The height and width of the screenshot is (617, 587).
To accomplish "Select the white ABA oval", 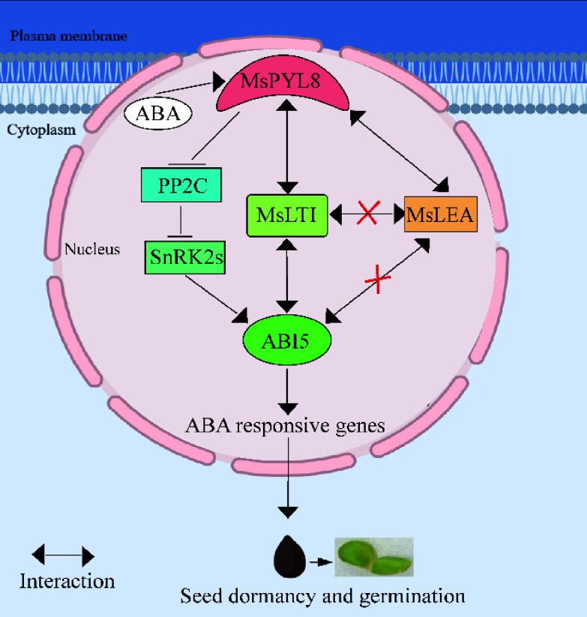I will click(157, 115).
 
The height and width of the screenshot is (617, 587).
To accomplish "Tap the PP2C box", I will click(181, 186).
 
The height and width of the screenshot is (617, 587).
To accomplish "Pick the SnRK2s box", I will click(184, 256).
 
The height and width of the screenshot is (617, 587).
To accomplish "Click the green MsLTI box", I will click(287, 215).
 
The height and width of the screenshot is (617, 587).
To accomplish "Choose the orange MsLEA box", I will click(440, 214).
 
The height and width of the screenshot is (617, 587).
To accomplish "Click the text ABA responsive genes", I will click(285, 426).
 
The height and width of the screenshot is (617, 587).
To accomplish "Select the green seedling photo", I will click(373, 557).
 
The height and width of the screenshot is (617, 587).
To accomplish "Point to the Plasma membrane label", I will click(68, 35).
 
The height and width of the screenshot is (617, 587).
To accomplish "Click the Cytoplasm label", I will click(41, 129).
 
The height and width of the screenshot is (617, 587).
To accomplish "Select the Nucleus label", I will click(92, 249).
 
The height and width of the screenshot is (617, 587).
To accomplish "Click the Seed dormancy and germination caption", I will click(322, 597).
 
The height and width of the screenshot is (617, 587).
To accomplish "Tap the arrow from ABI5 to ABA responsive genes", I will click(286, 389).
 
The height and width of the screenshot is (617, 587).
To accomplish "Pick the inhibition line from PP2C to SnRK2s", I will click(180, 219).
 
